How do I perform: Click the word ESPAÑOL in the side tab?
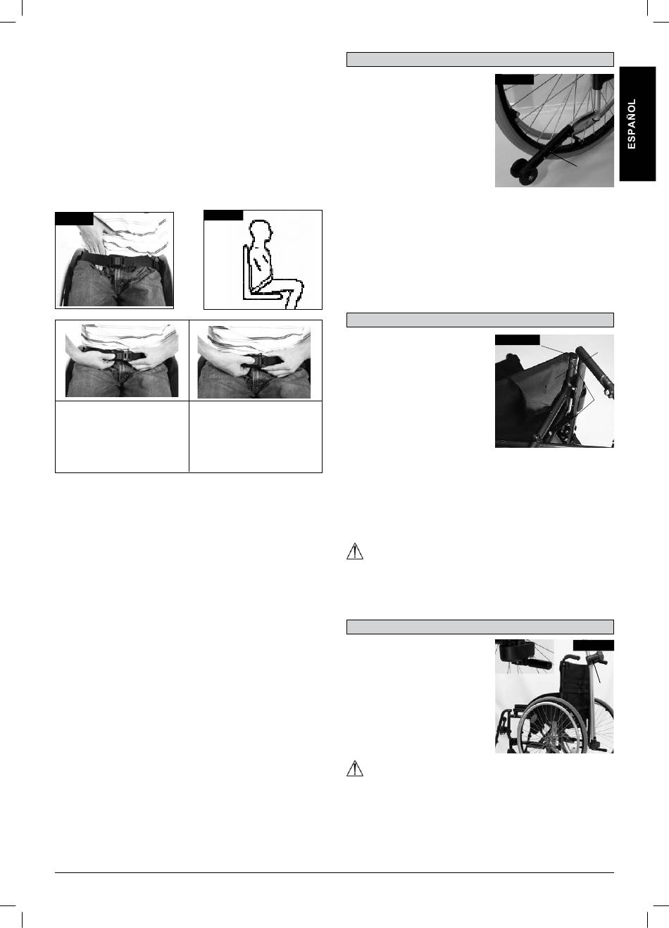[632, 124]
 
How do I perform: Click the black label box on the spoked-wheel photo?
[514, 79]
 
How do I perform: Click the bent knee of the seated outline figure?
[299, 286]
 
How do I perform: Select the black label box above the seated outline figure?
[223, 215]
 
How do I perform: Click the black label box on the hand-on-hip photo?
[74, 218]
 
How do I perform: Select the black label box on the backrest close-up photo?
[518, 339]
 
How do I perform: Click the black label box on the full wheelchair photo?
[593, 645]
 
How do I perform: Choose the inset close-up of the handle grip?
[525, 657]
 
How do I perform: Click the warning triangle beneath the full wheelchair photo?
[355, 769]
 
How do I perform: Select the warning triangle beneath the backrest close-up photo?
[355, 552]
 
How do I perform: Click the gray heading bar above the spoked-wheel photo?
[480, 59]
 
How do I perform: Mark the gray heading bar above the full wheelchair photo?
[480, 627]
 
